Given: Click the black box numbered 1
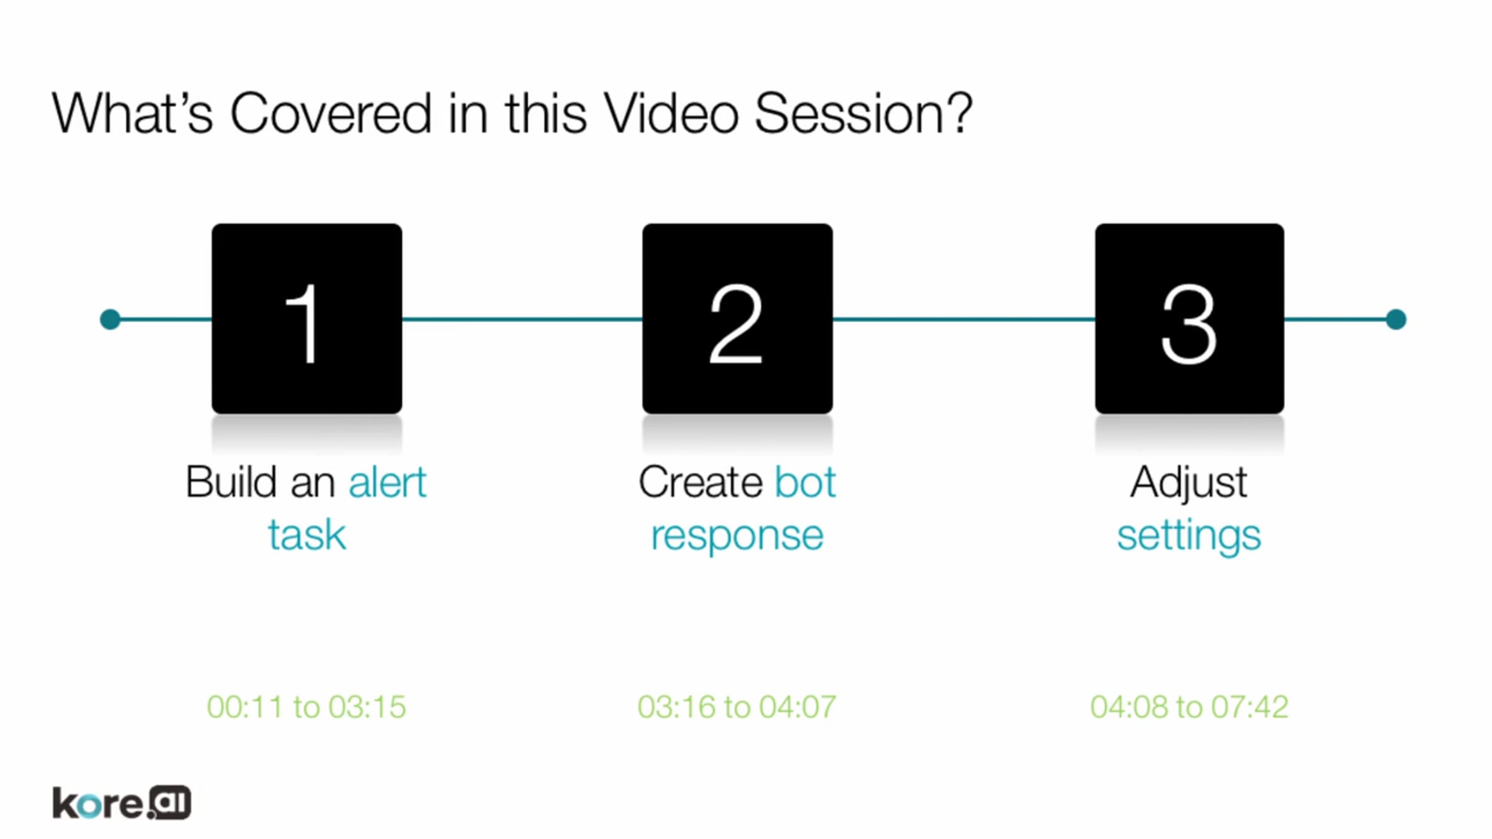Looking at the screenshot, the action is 306,319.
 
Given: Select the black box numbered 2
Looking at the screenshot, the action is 737,319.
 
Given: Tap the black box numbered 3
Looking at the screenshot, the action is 1189,319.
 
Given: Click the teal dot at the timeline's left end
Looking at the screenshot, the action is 110,319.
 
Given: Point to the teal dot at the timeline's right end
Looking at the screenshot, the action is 1396,319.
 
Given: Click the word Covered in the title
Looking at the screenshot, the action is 331,113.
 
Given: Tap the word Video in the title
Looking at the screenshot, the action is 671,113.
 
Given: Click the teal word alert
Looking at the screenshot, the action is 387,482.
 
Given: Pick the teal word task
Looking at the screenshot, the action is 306,535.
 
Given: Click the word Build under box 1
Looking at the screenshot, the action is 231,482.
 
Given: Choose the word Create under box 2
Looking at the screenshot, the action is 700,482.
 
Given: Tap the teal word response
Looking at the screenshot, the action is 737,536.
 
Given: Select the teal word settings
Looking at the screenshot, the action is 1189,536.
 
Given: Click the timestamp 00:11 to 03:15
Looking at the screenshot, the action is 306,707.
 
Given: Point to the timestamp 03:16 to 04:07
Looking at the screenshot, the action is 737,707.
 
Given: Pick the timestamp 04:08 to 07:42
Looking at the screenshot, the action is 1189,707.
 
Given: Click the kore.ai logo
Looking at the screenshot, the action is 122,803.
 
